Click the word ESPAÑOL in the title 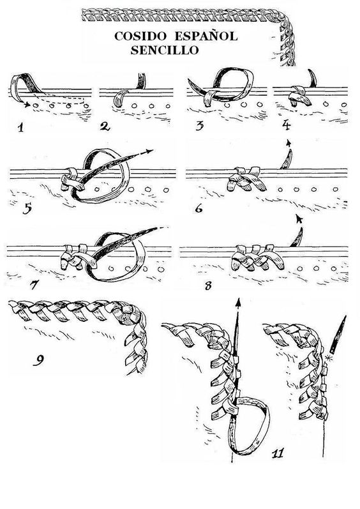click(x=206, y=36)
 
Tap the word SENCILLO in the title click(x=165, y=50)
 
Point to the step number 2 click(x=105, y=126)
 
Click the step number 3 click(x=199, y=126)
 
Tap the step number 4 click(x=286, y=125)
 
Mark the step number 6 click(x=199, y=208)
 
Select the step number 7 click(x=34, y=285)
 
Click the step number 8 click(x=208, y=285)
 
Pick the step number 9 click(x=38, y=360)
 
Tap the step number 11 click(x=278, y=452)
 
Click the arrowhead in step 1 click(x=27, y=105)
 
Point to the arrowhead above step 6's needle click(x=289, y=142)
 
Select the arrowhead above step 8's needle click(x=299, y=219)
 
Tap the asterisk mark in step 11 click(x=327, y=358)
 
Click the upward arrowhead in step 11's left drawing click(x=238, y=303)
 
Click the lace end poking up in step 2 click(x=142, y=80)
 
